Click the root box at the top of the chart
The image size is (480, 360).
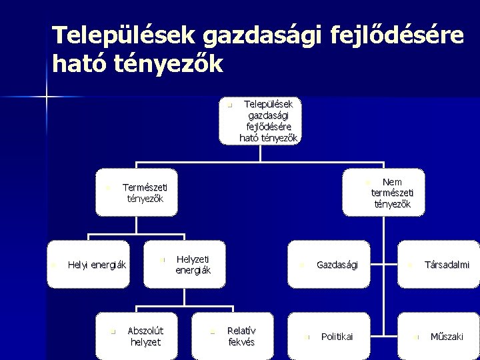tap(261, 121)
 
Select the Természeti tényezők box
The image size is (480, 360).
tap(137, 192)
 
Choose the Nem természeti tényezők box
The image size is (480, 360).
tap(383, 192)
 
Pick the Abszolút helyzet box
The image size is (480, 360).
tap(137, 336)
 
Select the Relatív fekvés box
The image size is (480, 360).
tap(231, 336)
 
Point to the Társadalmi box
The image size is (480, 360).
tap(437, 265)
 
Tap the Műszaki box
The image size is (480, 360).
tap(437, 337)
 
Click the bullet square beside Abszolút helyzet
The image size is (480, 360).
tap(113, 331)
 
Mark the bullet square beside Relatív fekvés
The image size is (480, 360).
tap(211, 331)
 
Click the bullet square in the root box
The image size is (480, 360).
tap(228, 105)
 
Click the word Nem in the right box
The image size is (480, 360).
tap(392, 181)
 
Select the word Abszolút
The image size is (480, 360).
tap(145, 331)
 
